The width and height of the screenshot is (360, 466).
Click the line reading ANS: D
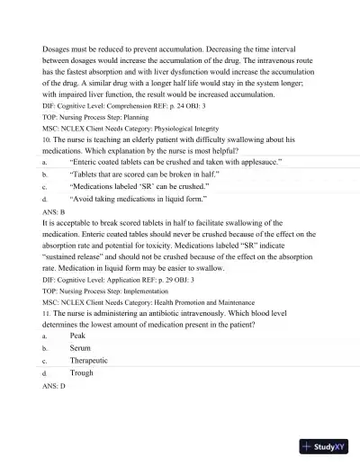coord(54,385)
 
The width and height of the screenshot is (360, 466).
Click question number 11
coord(46,312)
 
